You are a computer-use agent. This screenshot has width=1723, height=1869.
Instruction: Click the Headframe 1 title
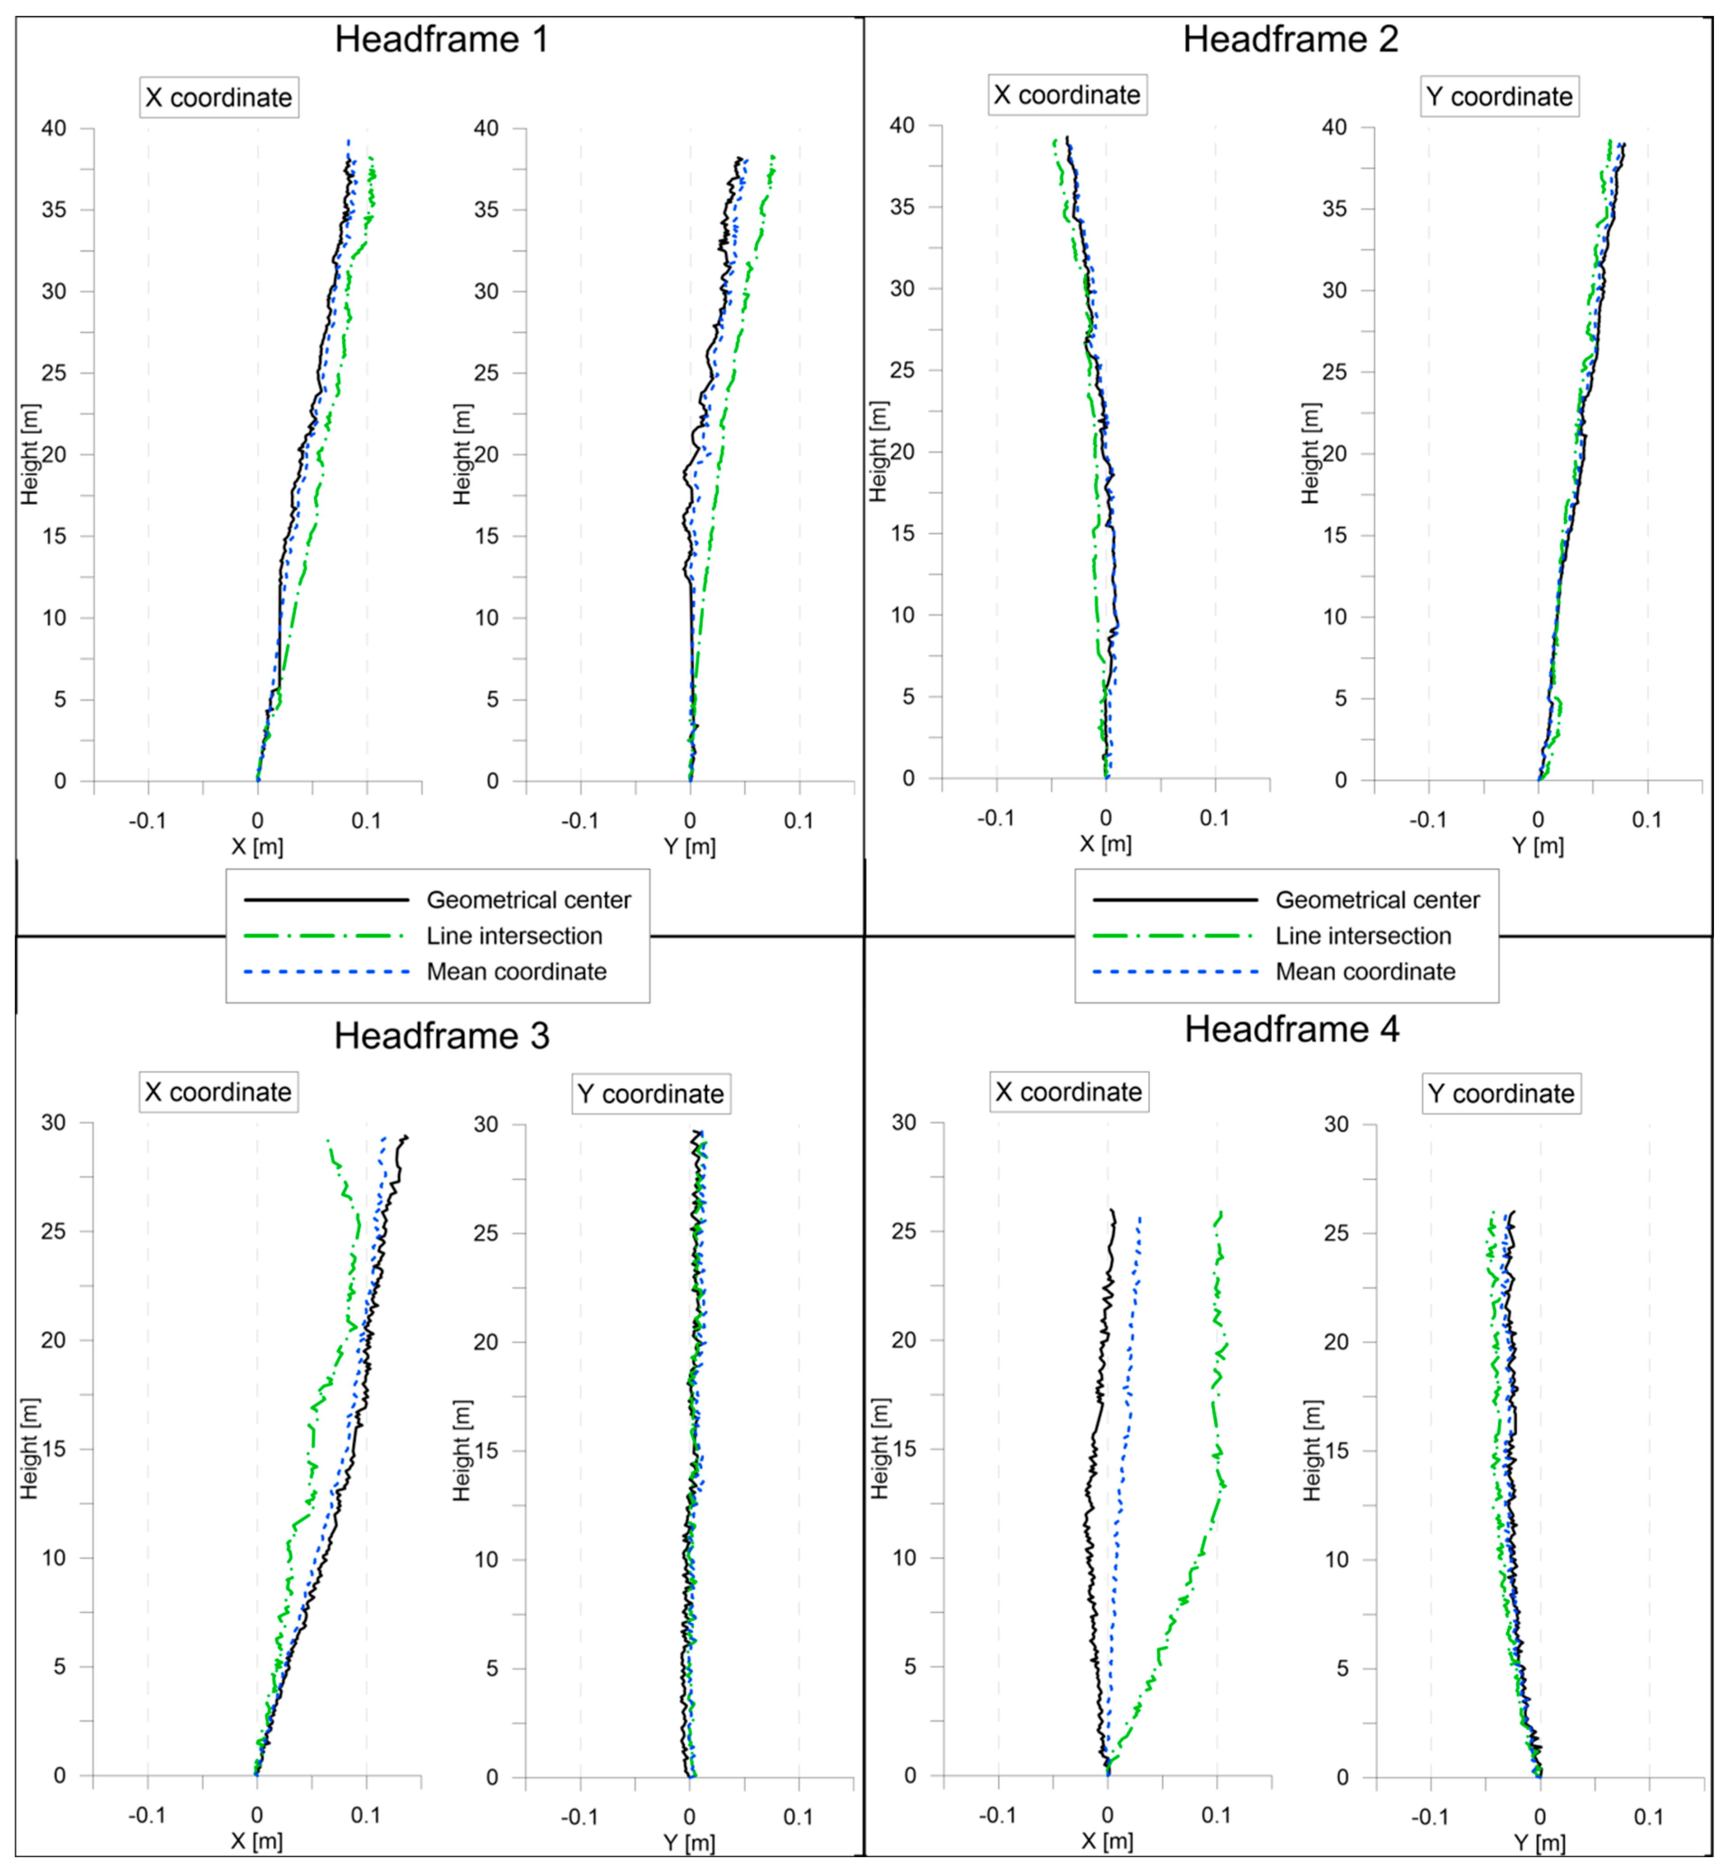441,39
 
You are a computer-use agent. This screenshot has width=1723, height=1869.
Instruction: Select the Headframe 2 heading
1291,39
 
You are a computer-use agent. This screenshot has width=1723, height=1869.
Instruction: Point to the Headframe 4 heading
1291,1030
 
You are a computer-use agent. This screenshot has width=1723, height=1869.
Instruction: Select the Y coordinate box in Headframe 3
651,1094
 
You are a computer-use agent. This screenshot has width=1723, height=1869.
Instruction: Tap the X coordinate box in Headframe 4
1069,1092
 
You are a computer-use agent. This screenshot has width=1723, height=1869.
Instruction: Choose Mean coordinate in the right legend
1365,972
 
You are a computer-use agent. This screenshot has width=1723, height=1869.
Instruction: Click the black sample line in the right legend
1175,900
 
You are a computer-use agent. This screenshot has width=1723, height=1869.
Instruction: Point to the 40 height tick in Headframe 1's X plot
54,129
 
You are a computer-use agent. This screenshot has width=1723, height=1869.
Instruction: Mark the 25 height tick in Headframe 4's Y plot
1336,1233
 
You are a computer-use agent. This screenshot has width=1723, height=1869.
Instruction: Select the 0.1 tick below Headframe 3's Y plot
798,1817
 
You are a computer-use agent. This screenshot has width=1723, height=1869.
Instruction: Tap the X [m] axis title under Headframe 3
256,1841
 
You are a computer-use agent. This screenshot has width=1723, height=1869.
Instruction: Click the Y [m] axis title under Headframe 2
1537,846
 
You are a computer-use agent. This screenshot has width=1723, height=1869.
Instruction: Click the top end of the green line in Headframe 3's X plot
327,1139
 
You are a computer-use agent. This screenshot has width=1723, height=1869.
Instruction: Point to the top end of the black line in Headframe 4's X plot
1111,1210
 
